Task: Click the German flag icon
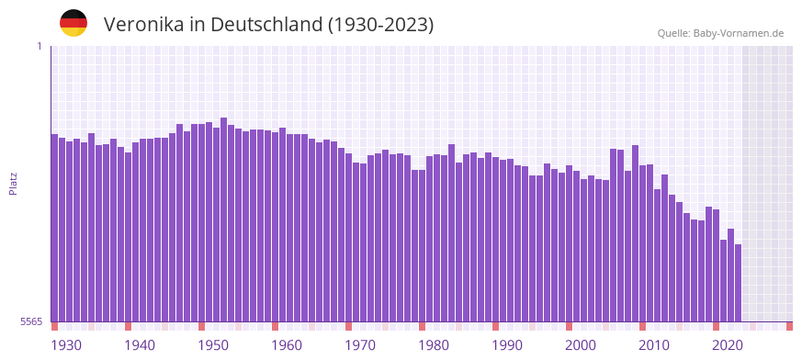73,23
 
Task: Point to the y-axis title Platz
13,183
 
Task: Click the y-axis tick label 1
40,46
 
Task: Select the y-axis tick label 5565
30,321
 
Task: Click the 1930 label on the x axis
66,345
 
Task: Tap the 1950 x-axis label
213,345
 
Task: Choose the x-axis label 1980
434,345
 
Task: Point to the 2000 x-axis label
581,345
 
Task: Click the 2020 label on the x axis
728,345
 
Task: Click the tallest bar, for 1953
224,219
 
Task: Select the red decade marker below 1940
129,326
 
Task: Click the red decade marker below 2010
643,326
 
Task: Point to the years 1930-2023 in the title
380,25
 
